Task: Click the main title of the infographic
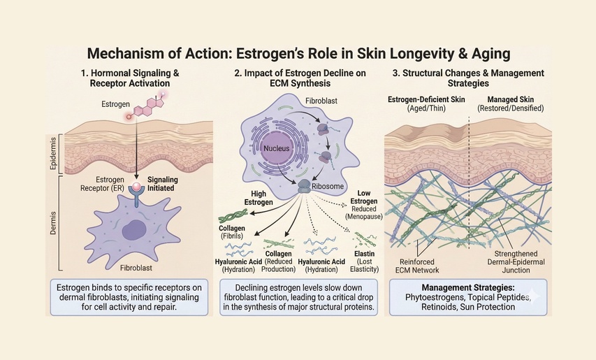(x=298, y=53)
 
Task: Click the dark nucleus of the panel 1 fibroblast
(x=135, y=230)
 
